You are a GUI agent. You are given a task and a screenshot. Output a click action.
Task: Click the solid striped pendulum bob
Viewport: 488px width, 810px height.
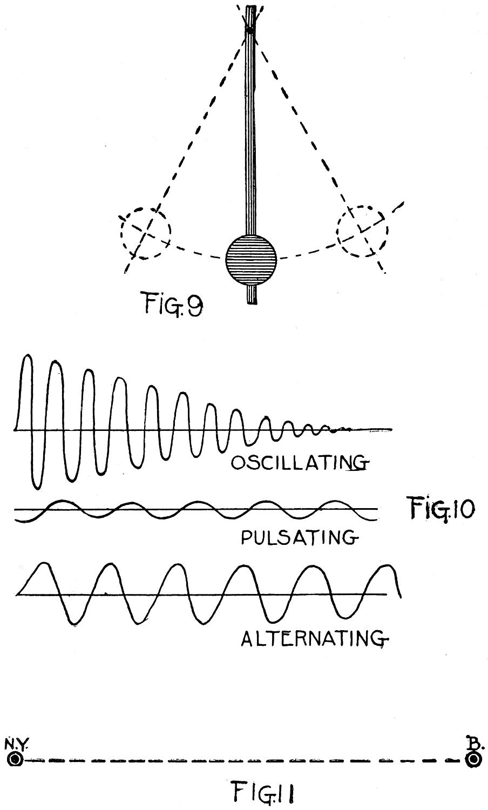251,259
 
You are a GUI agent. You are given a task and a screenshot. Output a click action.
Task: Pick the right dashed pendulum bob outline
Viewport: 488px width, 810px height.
362,232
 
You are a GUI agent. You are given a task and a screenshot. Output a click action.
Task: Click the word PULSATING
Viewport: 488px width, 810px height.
298,537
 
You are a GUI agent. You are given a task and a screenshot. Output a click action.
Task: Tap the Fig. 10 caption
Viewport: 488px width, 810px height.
439,508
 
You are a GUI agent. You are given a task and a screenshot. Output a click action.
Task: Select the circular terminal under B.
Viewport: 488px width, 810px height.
473,759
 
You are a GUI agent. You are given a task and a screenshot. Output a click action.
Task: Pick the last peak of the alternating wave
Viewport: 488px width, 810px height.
388,567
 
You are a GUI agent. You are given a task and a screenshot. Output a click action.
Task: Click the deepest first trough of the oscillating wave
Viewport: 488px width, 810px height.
36,486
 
